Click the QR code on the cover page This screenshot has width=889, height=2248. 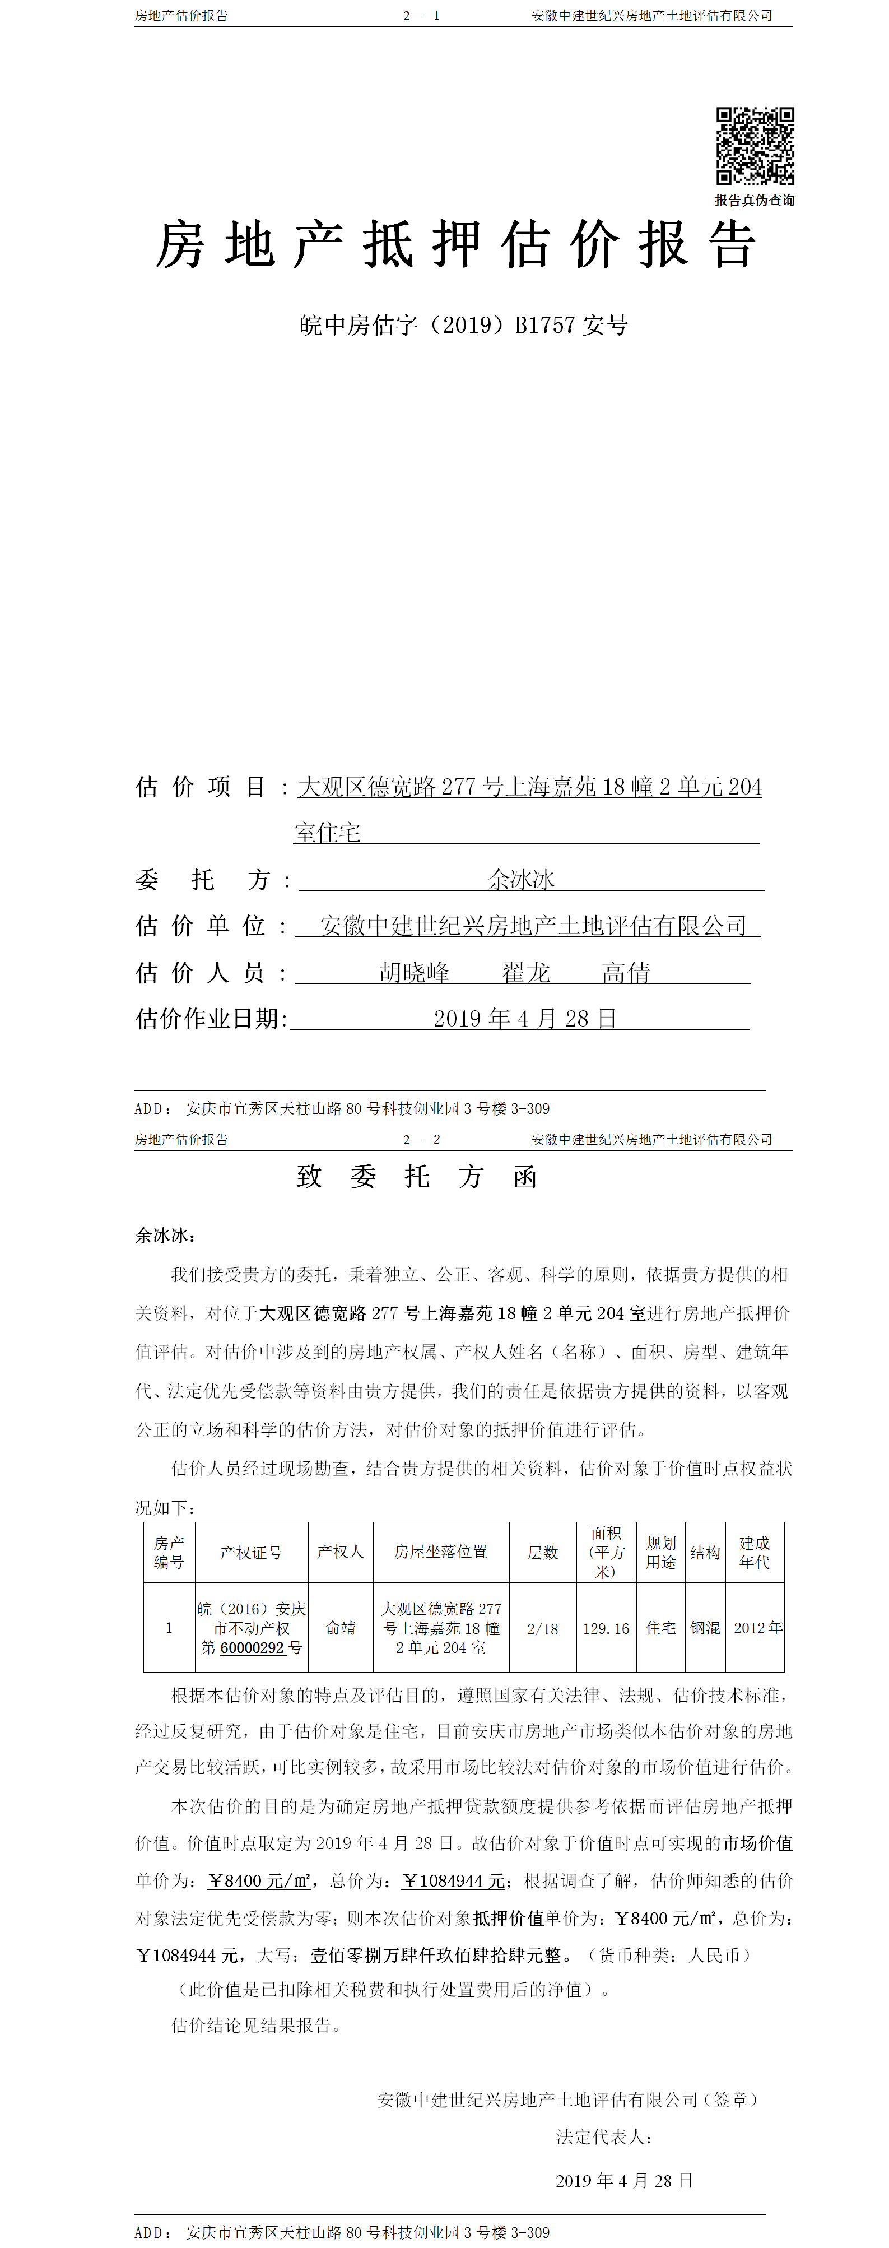(x=755, y=146)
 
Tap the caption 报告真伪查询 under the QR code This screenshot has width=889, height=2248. (x=755, y=201)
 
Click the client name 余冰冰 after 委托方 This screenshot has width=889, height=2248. (x=521, y=880)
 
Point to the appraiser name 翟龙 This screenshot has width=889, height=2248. (x=525, y=972)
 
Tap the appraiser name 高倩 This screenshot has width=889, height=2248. (x=626, y=972)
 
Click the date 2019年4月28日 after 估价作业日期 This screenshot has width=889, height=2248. (x=524, y=1019)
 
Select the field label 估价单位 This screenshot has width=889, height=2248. (x=201, y=926)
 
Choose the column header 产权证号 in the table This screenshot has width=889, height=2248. (x=252, y=1553)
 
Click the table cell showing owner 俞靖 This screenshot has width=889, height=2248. (x=340, y=1628)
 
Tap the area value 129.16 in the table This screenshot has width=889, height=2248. (x=606, y=1628)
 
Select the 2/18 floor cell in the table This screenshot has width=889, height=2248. (x=543, y=1628)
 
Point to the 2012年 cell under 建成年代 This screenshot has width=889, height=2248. (x=757, y=1628)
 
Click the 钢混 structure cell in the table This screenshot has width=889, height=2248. (x=705, y=1628)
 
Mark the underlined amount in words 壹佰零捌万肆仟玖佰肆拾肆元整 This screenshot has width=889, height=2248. (x=435, y=1956)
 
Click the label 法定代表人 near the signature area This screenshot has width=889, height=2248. (x=604, y=2137)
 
